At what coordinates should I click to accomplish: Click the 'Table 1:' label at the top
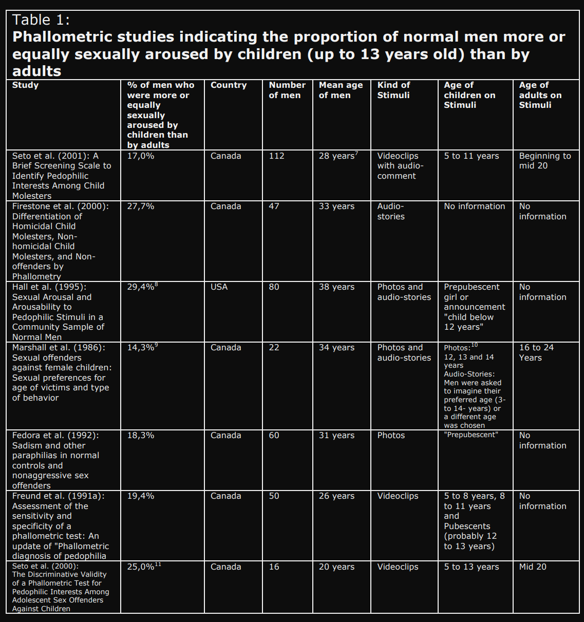41,20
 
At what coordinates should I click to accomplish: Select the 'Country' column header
229,85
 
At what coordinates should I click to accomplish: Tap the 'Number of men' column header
287,90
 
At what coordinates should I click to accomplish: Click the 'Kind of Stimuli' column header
393,90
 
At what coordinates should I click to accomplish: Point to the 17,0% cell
141,156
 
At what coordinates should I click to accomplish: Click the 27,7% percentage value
141,206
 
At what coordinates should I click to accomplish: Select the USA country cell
219,287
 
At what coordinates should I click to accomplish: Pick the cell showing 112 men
276,156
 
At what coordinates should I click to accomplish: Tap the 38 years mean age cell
336,287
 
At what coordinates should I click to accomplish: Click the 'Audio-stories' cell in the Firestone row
391,211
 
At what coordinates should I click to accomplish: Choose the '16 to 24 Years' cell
536,352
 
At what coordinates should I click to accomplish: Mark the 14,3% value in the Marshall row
141,347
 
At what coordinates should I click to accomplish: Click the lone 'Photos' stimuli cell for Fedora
391,435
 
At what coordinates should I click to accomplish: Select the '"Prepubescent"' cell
471,435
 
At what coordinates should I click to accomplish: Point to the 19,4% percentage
141,496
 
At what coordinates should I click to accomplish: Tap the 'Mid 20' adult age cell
533,567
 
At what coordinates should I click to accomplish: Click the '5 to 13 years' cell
472,567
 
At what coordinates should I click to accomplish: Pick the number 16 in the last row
274,567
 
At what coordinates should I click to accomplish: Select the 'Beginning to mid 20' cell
544,161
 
